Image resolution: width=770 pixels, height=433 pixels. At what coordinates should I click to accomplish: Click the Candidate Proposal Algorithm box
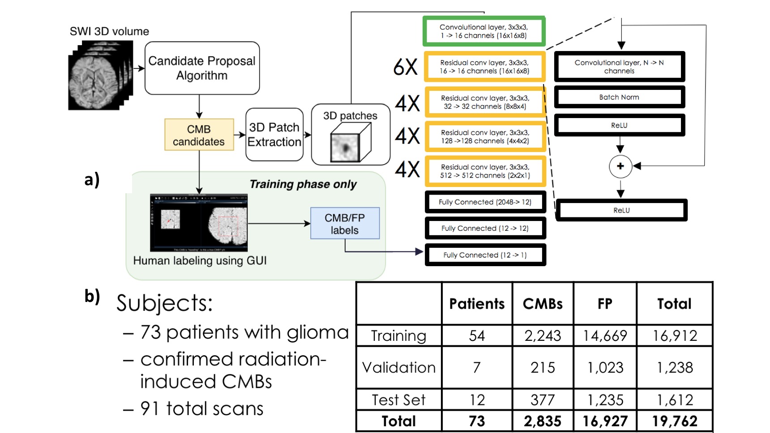point(202,68)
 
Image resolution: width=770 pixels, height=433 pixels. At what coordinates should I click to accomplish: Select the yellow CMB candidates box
point(199,135)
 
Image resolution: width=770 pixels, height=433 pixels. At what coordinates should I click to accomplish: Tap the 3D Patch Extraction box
point(274,135)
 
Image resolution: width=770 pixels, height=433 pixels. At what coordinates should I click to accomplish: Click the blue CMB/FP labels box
point(345,224)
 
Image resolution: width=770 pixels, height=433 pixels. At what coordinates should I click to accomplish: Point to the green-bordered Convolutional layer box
point(483,31)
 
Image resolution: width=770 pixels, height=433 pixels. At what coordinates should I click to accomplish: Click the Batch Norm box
point(619,97)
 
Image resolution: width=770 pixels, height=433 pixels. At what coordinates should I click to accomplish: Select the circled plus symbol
point(620,166)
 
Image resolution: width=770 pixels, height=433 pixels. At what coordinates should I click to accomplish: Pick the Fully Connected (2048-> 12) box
point(485,202)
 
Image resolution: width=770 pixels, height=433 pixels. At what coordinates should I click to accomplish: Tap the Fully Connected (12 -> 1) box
point(485,255)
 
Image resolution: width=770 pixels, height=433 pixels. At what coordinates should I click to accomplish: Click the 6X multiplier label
point(405,67)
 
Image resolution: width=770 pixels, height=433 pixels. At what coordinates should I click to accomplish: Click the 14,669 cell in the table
point(605,335)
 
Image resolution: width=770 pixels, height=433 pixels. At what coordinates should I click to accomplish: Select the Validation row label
point(398,367)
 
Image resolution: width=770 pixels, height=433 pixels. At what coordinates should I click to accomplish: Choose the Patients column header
point(477,304)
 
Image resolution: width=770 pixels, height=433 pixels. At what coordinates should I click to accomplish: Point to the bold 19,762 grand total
point(675,421)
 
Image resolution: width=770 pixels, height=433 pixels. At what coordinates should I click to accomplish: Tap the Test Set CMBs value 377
point(543,399)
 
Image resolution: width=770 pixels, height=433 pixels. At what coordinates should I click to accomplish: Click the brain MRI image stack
point(100,75)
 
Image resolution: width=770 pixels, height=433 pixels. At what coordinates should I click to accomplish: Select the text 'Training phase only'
point(303,184)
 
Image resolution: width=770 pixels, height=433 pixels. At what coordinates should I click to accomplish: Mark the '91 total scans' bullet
point(201,408)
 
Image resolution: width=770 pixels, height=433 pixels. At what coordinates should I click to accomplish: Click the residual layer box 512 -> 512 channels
point(485,171)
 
